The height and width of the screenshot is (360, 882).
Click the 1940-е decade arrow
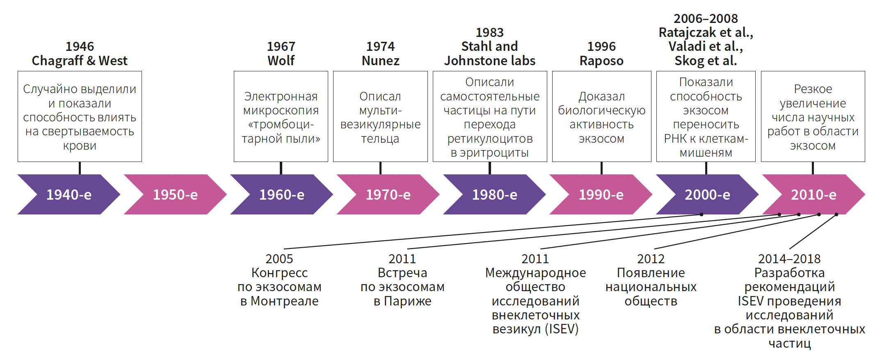click(69, 194)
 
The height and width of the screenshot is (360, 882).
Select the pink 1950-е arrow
click(175, 194)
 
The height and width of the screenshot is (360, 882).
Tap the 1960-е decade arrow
click(281, 194)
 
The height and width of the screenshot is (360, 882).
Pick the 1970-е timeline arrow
click(388, 194)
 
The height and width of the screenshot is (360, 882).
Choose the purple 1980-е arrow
click(494, 194)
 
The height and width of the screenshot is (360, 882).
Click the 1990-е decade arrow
click(601, 194)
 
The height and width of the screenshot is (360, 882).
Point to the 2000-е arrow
click(707, 194)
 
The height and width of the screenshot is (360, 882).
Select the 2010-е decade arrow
click(813, 194)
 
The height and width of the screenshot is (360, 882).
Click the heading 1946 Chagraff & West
click(80, 54)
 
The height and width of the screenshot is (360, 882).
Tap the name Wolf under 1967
click(281, 61)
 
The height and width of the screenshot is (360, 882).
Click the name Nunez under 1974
click(380, 61)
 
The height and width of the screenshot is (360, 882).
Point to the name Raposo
click(601, 61)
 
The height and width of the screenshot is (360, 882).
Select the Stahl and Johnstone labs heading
click(489, 54)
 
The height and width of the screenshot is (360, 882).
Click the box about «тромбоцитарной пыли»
click(281, 117)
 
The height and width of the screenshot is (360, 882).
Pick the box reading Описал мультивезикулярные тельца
click(380, 117)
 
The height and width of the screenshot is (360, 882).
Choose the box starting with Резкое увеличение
click(813, 117)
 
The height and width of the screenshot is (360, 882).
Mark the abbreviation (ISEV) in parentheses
click(562, 329)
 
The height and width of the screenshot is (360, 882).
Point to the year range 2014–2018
click(789, 259)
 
